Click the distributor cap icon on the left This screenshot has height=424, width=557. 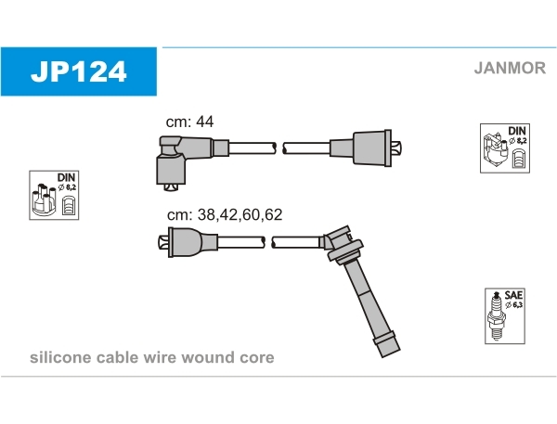coord(54,195)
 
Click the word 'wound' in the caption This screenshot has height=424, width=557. coord(210,358)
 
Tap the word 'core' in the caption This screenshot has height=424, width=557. coord(256,358)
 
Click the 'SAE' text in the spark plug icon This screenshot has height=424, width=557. coord(512,294)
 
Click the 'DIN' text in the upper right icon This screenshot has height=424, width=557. coord(516,131)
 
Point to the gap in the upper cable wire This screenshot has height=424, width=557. coord(279,148)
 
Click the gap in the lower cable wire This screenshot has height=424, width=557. coord(270,242)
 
